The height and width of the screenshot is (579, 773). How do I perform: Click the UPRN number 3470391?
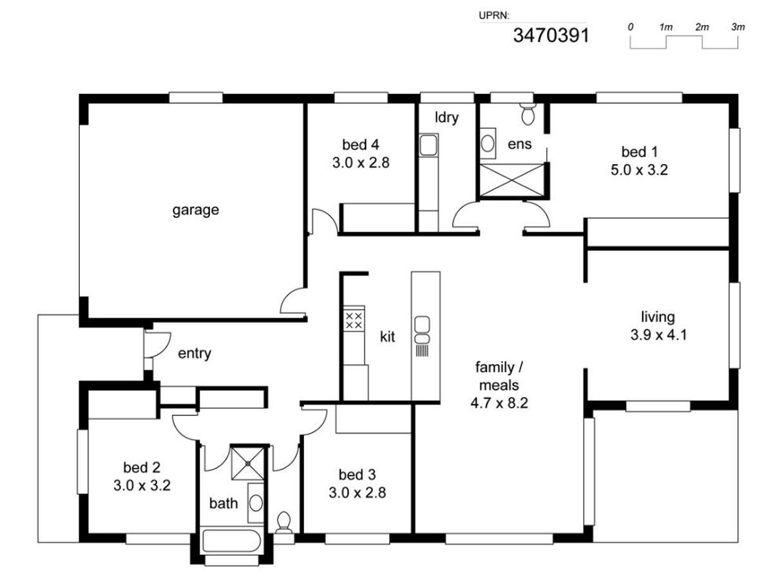pyautogui.click(x=551, y=35)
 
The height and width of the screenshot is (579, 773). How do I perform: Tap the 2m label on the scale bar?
pyautogui.click(x=702, y=27)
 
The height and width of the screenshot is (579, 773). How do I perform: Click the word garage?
pyautogui.click(x=195, y=210)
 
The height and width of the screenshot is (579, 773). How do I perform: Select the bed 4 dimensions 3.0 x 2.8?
pyautogui.click(x=361, y=163)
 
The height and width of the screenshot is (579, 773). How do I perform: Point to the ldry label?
pyautogui.click(x=446, y=117)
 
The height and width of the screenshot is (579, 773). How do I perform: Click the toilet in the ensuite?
pyautogui.click(x=528, y=113)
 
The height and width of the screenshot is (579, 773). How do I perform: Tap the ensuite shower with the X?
pyautogui.click(x=511, y=179)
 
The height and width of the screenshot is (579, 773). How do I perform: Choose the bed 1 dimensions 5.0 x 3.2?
pyautogui.click(x=639, y=170)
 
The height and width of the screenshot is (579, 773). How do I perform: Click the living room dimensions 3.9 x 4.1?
pyautogui.click(x=658, y=335)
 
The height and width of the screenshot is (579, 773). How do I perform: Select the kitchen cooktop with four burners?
pyautogui.click(x=354, y=320)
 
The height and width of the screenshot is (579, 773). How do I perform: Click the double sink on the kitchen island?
pyautogui.click(x=422, y=329)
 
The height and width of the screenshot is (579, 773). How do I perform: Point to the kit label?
pyautogui.click(x=387, y=336)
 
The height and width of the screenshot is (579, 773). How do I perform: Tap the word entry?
pyautogui.click(x=195, y=354)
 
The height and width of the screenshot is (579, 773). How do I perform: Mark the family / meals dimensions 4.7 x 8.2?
pyautogui.click(x=499, y=403)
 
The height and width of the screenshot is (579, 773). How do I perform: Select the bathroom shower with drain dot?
pyautogui.click(x=247, y=464)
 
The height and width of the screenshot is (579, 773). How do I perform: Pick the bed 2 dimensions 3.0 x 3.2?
pyautogui.click(x=142, y=486)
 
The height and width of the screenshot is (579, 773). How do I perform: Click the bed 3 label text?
pyautogui.click(x=357, y=475)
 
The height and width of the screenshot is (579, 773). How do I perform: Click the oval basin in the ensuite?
pyautogui.click(x=488, y=143)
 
